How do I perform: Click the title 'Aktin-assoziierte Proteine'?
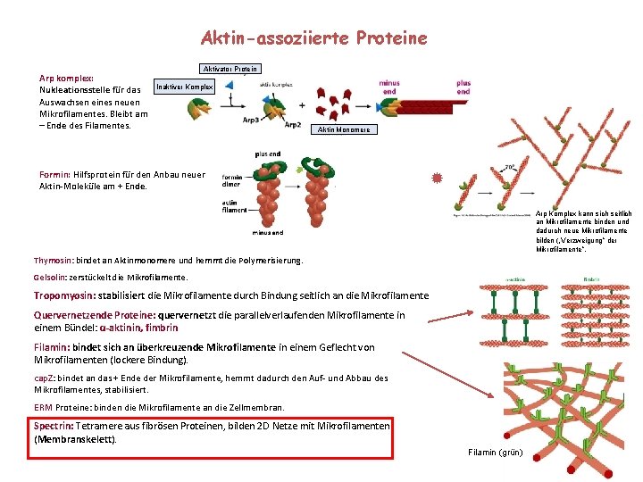[x=314, y=38]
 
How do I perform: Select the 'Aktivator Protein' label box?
[x=230, y=69]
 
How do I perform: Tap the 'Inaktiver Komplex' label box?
[x=185, y=87]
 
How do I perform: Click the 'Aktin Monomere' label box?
[x=344, y=129]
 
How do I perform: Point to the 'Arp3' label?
[x=252, y=119]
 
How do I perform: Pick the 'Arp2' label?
[x=293, y=124]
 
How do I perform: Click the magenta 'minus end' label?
[x=389, y=87]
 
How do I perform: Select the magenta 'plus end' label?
[x=463, y=87]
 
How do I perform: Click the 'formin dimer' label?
[x=232, y=180]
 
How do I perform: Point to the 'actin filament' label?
[x=234, y=206]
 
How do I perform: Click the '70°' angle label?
[x=508, y=167]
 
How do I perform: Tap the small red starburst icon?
[x=437, y=179]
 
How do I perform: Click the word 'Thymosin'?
[x=52, y=261]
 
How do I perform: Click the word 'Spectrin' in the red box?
[x=53, y=426]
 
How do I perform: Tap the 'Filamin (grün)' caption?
[x=495, y=452]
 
